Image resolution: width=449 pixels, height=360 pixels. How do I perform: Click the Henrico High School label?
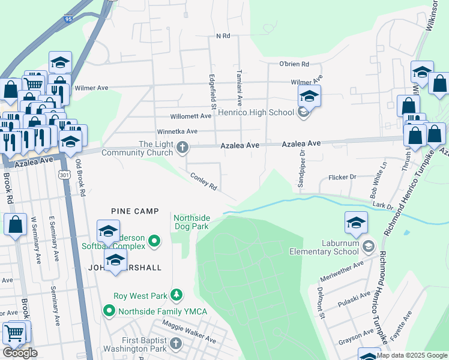point(256,112)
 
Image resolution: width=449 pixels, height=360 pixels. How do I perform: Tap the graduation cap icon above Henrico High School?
point(309,96)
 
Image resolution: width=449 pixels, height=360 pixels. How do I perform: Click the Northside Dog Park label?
point(191,222)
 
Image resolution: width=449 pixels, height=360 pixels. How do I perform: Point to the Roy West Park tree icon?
point(176,295)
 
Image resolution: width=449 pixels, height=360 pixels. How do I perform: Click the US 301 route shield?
point(64,175)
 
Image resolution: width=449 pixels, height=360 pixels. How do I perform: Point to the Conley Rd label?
point(203,182)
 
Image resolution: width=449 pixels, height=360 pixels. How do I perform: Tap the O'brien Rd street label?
point(294,64)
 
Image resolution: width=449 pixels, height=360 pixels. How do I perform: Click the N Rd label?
point(223,36)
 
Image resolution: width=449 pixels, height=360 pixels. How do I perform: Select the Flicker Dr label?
point(342,177)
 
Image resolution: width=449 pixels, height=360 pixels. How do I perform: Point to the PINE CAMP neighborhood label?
point(135,211)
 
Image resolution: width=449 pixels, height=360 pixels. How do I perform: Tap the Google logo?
point(20,353)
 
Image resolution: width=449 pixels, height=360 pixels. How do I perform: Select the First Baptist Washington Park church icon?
point(175,344)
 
